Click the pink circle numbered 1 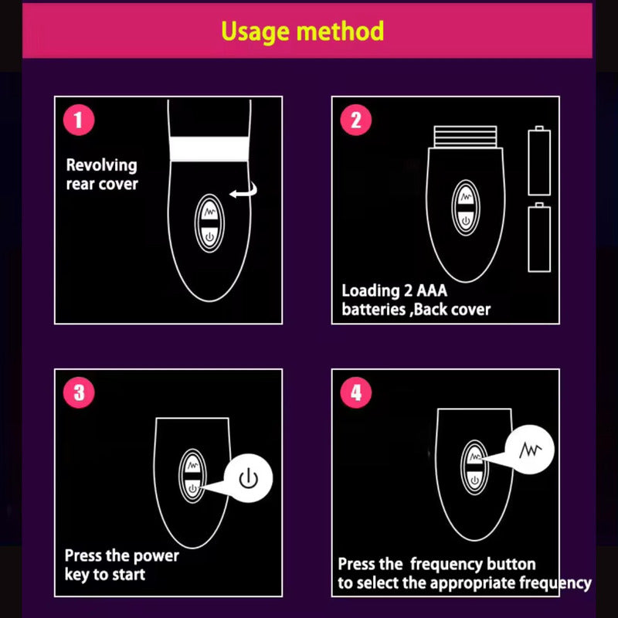(x=78, y=121)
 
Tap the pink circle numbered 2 (x=355, y=121)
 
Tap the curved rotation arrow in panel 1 (x=244, y=191)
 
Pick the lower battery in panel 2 (x=538, y=237)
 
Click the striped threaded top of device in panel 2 (x=464, y=137)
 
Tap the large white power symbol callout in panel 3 (x=248, y=479)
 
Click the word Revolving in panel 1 (x=101, y=165)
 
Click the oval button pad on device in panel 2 (x=465, y=207)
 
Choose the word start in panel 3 (x=127, y=575)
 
